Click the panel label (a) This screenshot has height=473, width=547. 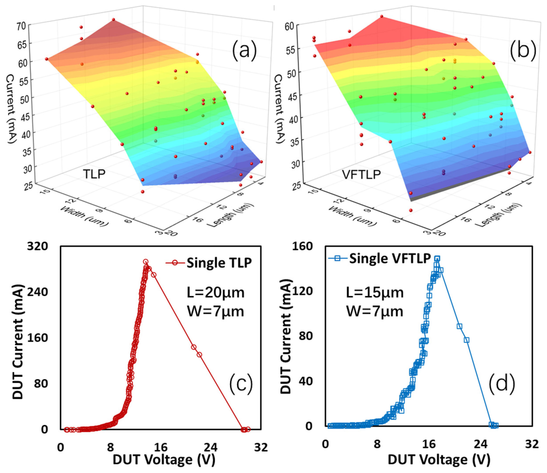[244, 51]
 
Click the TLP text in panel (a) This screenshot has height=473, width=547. [94, 174]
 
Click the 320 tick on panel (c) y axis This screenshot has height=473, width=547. [37, 246]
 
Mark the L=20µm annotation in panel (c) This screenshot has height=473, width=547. [215, 293]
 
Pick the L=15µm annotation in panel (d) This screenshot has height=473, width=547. [375, 293]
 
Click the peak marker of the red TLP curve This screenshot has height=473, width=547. [145, 262]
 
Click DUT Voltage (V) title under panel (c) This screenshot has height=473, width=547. [164, 459]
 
